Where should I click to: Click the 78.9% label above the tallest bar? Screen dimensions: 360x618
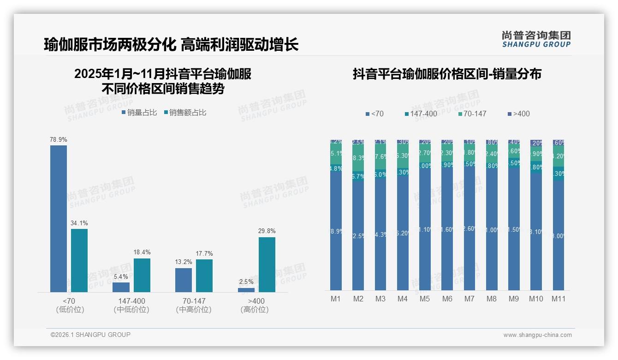(59, 139)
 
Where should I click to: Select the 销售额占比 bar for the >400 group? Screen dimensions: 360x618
(267, 264)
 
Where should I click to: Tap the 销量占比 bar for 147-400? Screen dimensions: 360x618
(121, 287)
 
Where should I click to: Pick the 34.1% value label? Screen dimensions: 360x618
(79, 223)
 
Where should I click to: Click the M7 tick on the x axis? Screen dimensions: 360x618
(469, 299)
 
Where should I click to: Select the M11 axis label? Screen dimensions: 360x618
(559, 299)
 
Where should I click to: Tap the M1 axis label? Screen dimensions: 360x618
(336, 299)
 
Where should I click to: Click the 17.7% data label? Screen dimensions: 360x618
(204, 253)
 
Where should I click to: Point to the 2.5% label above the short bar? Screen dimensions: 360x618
(246, 282)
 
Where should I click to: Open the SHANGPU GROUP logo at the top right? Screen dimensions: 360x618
(536, 39)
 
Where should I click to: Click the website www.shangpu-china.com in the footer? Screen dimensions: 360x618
(537, 335)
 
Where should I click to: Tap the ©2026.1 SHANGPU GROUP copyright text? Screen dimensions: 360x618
(90, 335)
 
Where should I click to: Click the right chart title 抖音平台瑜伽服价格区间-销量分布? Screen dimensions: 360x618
(446, 74)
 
